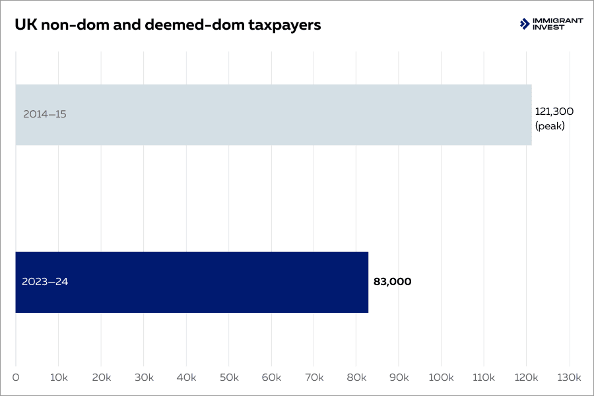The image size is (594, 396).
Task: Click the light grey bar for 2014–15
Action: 273,114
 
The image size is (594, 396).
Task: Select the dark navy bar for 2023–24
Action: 191,282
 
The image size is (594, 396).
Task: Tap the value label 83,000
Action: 392,282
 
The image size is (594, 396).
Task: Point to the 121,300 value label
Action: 554,111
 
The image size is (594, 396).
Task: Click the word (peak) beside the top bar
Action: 550,126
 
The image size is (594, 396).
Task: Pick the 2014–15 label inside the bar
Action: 45,114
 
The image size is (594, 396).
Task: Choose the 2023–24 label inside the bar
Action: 45,282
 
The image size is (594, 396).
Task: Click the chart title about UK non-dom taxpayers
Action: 168,25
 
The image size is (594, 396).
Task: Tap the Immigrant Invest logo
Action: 551,24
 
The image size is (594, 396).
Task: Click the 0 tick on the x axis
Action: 16,378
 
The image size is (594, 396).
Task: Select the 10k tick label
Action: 58,378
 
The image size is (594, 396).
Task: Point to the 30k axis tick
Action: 143,378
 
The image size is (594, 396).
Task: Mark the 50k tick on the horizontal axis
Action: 228,378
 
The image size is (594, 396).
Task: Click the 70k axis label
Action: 313,378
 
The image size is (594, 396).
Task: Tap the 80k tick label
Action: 356,378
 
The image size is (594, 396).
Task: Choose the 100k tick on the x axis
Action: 441,378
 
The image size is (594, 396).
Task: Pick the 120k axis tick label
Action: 526,378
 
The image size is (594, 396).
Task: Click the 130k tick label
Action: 568,378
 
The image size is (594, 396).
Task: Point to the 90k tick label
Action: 399,378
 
